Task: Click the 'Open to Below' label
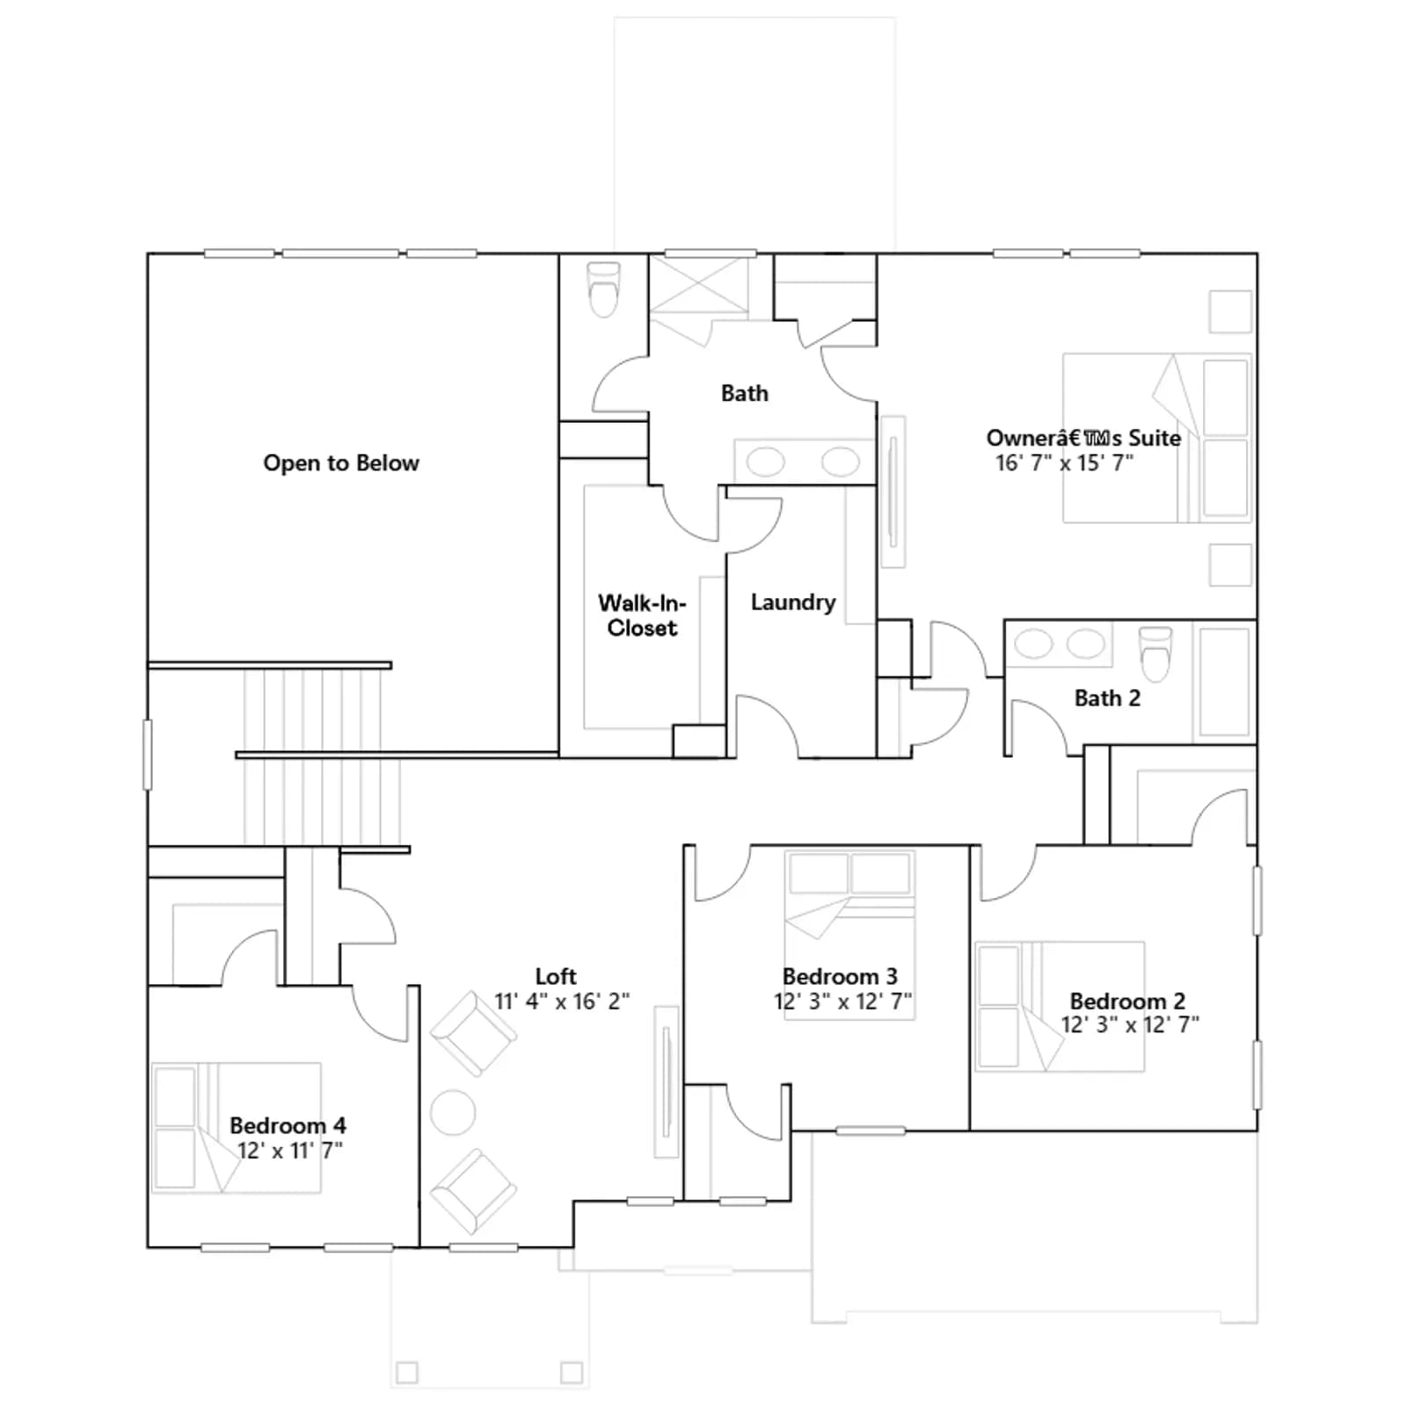point(341,463)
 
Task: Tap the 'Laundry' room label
point(793,602)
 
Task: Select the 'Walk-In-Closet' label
point(642,616)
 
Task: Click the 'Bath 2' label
point(1107,698)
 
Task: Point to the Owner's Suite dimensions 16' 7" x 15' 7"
point(1064,463)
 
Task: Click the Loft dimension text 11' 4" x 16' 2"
point(562,1002)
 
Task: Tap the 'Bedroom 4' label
point(288,1126)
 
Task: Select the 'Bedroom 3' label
point(840,977)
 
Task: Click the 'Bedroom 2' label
point(1127,1001)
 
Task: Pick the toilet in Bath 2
point(1155,653)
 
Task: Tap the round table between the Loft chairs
point(453,1112)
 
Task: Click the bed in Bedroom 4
point(237,1127)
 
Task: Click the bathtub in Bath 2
point(1224,682)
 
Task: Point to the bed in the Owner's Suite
point(1157,438)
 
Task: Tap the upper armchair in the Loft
point(473,1034)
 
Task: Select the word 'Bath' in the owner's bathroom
point(745,393)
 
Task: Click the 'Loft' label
point(556,977)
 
